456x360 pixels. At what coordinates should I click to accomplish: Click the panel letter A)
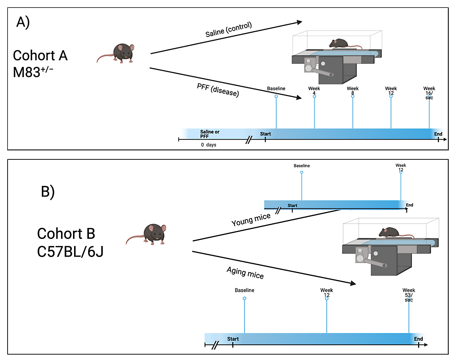[x=23, y=22]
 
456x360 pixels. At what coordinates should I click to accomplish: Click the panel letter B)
[x=48, y=192]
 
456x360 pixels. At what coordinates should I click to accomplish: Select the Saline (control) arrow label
[x=228, y=29]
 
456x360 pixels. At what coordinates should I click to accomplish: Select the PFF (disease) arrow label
[x=218, y=90]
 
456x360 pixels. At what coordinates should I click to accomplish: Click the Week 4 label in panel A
[x=314, y=91]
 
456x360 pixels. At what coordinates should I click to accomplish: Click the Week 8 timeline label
[x=353, y=91]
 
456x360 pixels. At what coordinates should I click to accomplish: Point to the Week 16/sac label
[x=429, y=93]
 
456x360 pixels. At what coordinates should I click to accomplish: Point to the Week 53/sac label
[x=409, y=295]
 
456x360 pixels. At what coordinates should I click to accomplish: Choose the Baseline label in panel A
[x=276, y=89]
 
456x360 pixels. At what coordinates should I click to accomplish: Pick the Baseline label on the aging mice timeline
[x=245, y=290]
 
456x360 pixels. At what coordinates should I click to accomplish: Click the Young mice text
[x=251, y=219]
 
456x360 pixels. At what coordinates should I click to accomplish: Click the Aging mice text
[x=245, y=273]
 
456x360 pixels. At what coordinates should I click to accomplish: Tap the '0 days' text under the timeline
[x=208, y=145]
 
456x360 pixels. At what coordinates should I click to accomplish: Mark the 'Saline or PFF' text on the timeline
[x=210, y=134]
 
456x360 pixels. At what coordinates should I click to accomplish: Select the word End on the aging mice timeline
[x=418, y=339]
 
